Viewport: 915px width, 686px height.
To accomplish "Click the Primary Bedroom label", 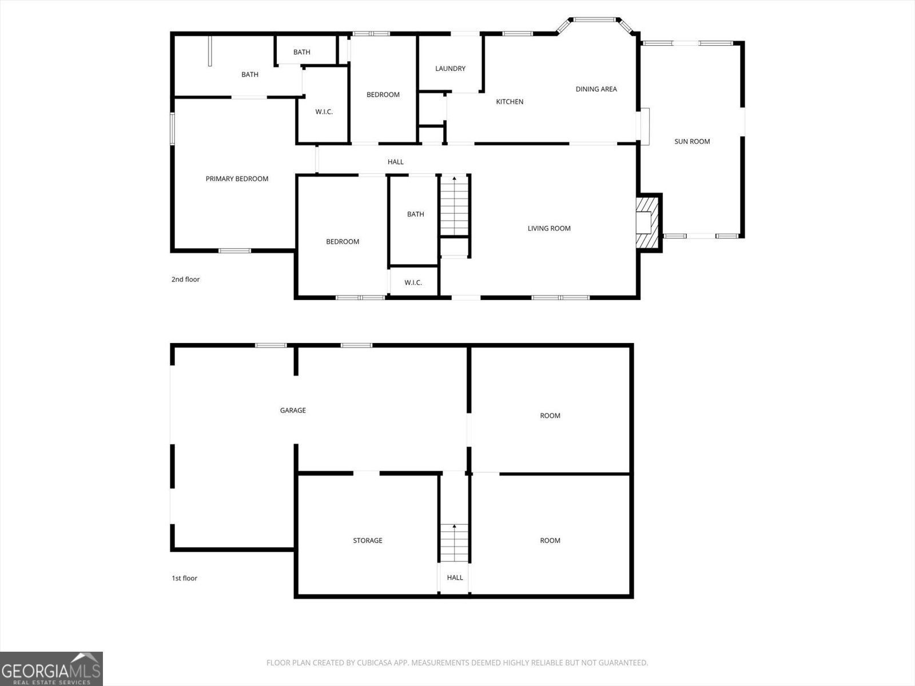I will [237, 179].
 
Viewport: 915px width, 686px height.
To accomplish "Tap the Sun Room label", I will [692, 142].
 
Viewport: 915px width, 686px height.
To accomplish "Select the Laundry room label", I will [450, 69].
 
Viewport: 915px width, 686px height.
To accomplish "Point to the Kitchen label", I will [510, 102].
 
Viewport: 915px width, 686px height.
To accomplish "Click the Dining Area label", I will [596, 89].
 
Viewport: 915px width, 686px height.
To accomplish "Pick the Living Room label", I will [549, 229].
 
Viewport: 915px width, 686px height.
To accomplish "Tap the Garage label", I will [293, 410].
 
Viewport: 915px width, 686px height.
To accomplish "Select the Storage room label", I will [367, 541].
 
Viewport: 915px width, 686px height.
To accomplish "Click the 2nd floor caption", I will [185, 280].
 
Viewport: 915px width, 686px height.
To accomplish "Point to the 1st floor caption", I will [184, 579].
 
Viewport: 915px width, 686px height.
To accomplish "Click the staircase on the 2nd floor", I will [455, 206].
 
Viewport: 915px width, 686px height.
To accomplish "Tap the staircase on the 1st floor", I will [455, 543].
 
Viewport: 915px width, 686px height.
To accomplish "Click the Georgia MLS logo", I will [51, 669].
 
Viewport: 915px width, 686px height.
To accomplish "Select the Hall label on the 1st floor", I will [455, 578].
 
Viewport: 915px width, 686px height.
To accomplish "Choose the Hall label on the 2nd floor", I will [395, 162].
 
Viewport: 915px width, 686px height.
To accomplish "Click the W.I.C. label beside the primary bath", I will [324, 112].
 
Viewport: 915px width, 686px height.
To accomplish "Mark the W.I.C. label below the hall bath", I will [413, 283].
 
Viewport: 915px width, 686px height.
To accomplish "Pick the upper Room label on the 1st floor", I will [550, 416].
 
